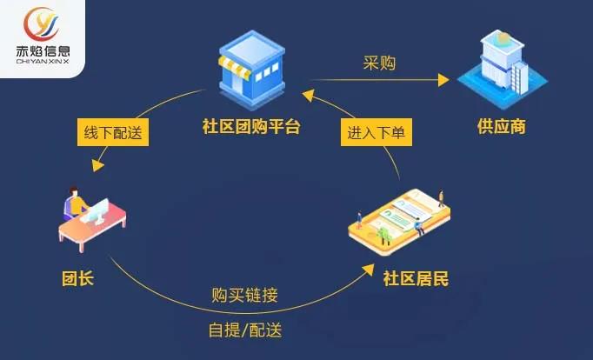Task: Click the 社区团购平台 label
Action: coord(251,126)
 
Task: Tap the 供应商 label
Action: coord(502,126)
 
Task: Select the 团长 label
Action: coord(78,279)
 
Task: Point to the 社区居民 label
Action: coord(416,279)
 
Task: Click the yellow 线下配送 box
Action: coord(113,132)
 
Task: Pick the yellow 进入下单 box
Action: coord(376,132)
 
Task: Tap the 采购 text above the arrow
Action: coord(379,63)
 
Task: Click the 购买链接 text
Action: coord(244,295)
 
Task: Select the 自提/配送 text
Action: coord(245,330)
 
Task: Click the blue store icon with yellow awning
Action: coord(252,70)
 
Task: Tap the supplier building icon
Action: coord(503,69)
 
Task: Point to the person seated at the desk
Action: coord(76,203)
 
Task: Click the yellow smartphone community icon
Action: coord(399,222)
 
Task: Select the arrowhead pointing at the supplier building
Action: coord(443,80)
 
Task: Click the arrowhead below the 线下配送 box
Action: coord(97,165)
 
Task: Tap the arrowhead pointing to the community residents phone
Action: coord(368,270)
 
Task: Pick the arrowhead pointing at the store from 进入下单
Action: coord(308,95)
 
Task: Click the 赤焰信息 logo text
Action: coord(43,51)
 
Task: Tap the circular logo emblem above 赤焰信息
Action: coord(41,23)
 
